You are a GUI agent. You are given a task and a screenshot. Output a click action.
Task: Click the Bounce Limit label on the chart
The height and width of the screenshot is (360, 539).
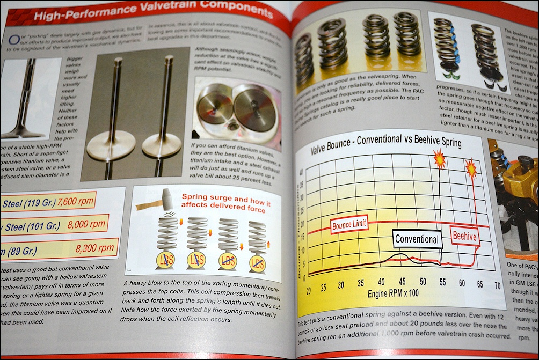pos(349,226)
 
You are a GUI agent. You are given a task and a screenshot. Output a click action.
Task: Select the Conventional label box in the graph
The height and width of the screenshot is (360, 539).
pos(417,239)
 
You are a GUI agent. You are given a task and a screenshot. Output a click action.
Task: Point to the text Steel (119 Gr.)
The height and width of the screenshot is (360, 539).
pos(25,203)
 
